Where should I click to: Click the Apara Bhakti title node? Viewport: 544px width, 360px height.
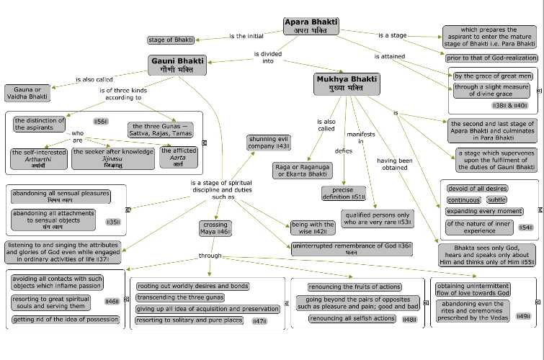click(x=306, y=27)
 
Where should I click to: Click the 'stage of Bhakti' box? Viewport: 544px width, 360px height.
click(x=171, y=40)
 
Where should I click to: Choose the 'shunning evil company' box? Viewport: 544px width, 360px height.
click(x=268, y=142)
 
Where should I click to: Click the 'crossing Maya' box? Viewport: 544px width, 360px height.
click(x=214, y=229)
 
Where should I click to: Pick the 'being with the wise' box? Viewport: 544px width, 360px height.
click(x=311, y=228)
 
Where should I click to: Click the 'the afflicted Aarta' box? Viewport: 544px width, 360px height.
click(x=177, y=158)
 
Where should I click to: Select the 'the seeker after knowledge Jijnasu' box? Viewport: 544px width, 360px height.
click(x=112, y=158)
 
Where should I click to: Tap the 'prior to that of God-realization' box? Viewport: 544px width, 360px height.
click(x=491, y=58)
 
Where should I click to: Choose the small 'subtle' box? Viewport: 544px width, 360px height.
click(x=496, y=199)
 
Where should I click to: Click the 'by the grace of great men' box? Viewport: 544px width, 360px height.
click(x=494, y=76)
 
